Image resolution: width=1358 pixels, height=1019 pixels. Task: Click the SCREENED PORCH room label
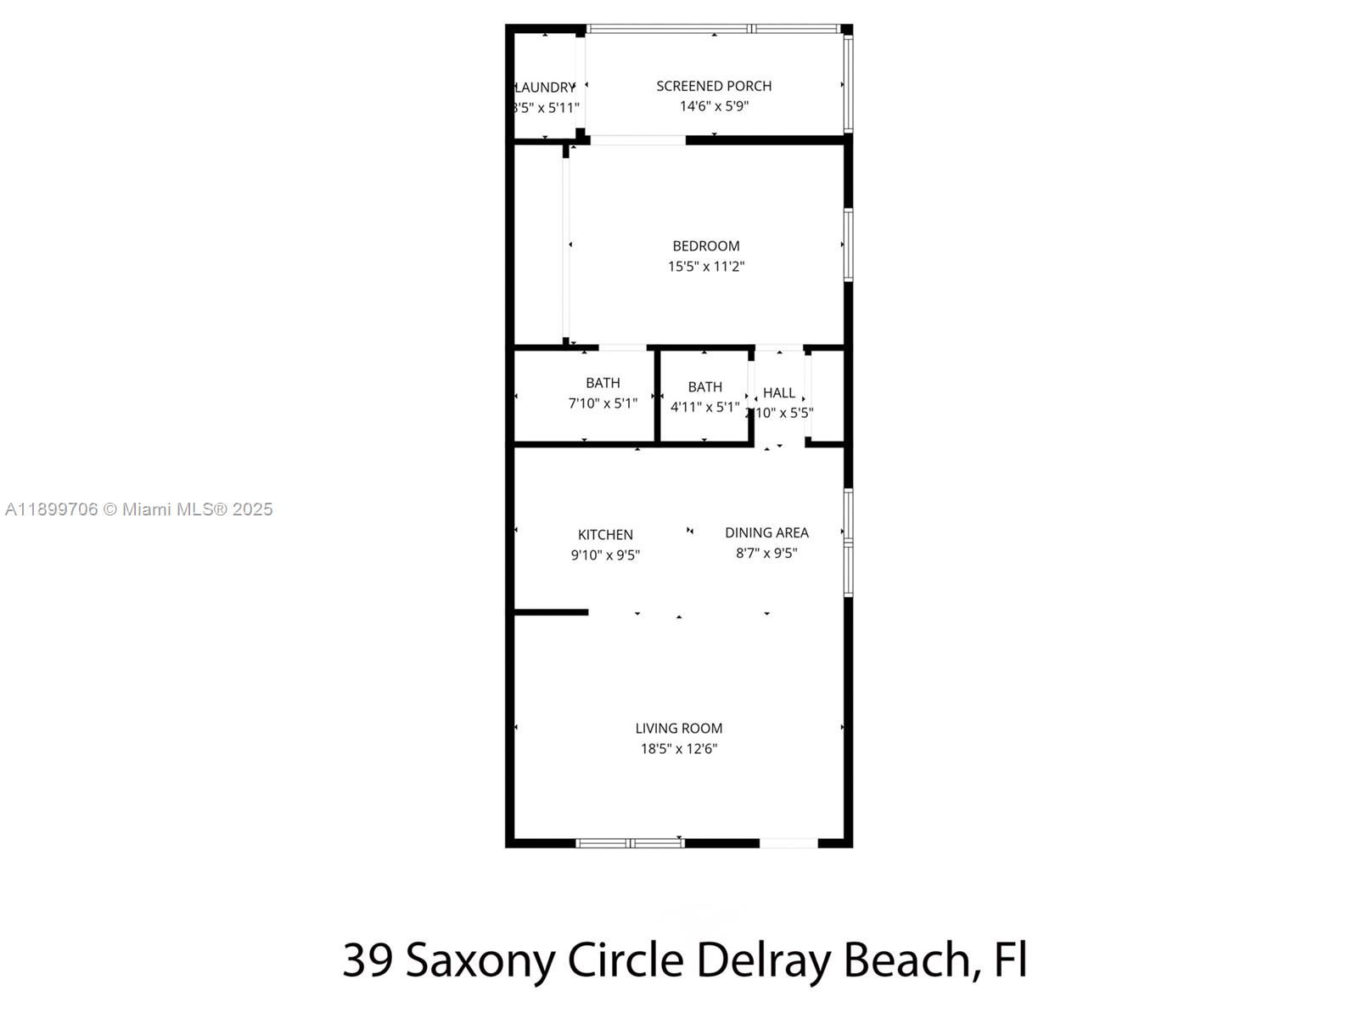pyautogui.click(x=714, y=86)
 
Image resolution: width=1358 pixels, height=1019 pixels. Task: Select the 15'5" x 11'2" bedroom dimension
pyautogui.click(x=706, y=267)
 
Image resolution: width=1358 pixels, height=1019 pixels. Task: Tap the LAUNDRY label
pyautogui.click(x=546, y=87)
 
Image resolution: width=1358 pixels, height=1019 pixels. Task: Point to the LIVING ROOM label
pyautogui.click(x=679, y=729)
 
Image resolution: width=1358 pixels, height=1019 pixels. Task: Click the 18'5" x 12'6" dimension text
pyautogui.click(x=679, y=749)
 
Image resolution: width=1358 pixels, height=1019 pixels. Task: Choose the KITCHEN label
pyautogui.click(x=605, y=535)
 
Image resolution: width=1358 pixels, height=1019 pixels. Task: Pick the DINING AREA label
pyautogui.click(x=766, y=532)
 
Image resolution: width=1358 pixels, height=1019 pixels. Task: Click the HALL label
pyautogui.click(x=778, y=392)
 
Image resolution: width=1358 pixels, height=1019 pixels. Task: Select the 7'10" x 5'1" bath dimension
pyautogui.click(x=603, y=403)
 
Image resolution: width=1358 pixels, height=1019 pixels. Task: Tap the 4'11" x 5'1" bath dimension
pyautogui.click(x=704, y=407)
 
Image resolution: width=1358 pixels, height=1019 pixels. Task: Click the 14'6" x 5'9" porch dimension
pyautogui.click(x=714, y=106)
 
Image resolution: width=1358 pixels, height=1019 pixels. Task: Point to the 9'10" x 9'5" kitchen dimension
pyautogui.click(x=605, y=555)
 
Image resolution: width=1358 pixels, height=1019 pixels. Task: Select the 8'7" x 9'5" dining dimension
pyautogui.click(x=766, y=553)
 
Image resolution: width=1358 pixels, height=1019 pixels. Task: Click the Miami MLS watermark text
pyautogui.click(x=139, y=509)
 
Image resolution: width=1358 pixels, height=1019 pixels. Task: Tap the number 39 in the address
pyautogui.click(x=367, y=960)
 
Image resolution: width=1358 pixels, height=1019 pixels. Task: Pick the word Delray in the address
pyautogui.click(x=762, y=960)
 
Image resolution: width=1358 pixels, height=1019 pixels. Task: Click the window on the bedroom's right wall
pyautogui.click(x=848, y=245)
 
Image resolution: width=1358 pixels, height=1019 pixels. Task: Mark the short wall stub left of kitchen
pyautogui.click(x=551, y=611)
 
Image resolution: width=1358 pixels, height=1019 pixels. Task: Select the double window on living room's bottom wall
pyautogui.click(x=630, y=843)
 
